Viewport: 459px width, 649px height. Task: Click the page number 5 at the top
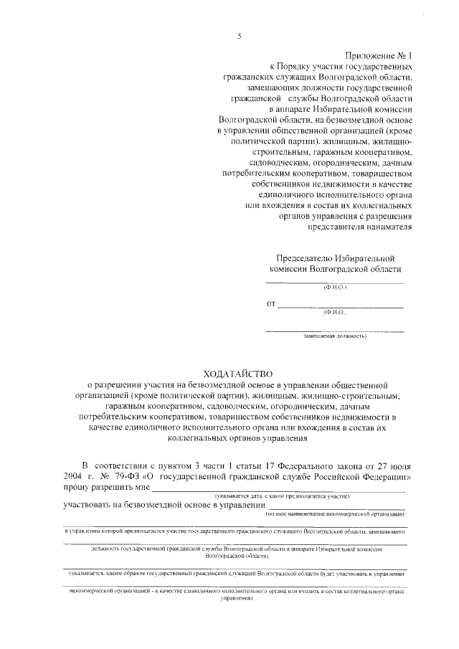[x=240, y=36]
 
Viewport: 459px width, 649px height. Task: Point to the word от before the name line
[x=270, y=304]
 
